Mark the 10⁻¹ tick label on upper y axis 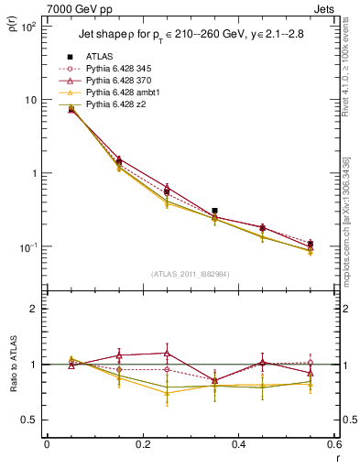[x=29, y=247]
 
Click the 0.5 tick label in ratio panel [x=31, y=420]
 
